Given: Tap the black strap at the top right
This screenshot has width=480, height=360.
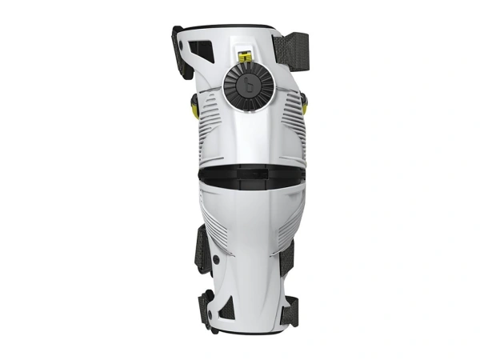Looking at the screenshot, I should click(x=291, y=45).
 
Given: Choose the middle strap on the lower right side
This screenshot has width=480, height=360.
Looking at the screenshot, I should click(x=288, y=256).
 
